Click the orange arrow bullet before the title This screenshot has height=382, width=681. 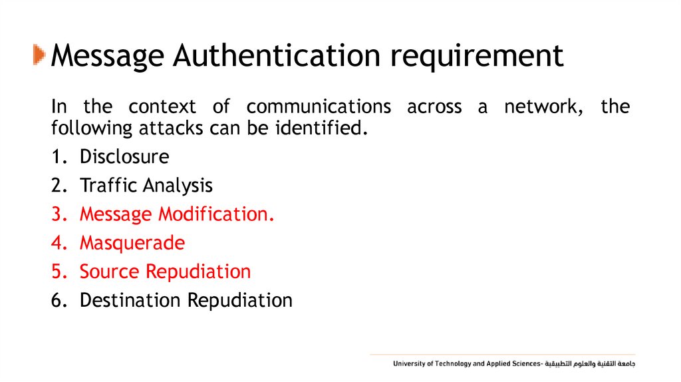click(39, 55)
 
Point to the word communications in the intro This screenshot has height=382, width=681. click(319, 106)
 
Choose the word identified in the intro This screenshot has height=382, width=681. click(320, 126)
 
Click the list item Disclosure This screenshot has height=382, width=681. click(124, 157)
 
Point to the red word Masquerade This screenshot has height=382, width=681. click(132, 244)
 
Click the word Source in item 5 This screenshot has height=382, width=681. click(110, 272)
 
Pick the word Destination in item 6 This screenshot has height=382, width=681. click(130, 300)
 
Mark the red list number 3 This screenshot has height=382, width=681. click(57, 214)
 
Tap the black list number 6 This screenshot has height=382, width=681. click(57, 300)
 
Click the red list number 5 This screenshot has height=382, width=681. click(57, 272)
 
